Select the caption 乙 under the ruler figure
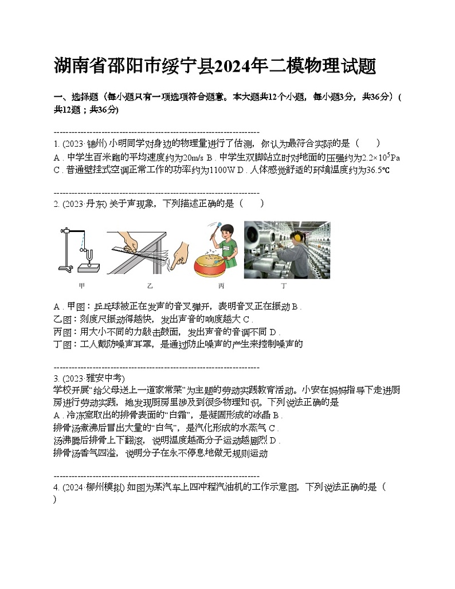[150, 285]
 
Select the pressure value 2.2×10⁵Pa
[381, 157]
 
